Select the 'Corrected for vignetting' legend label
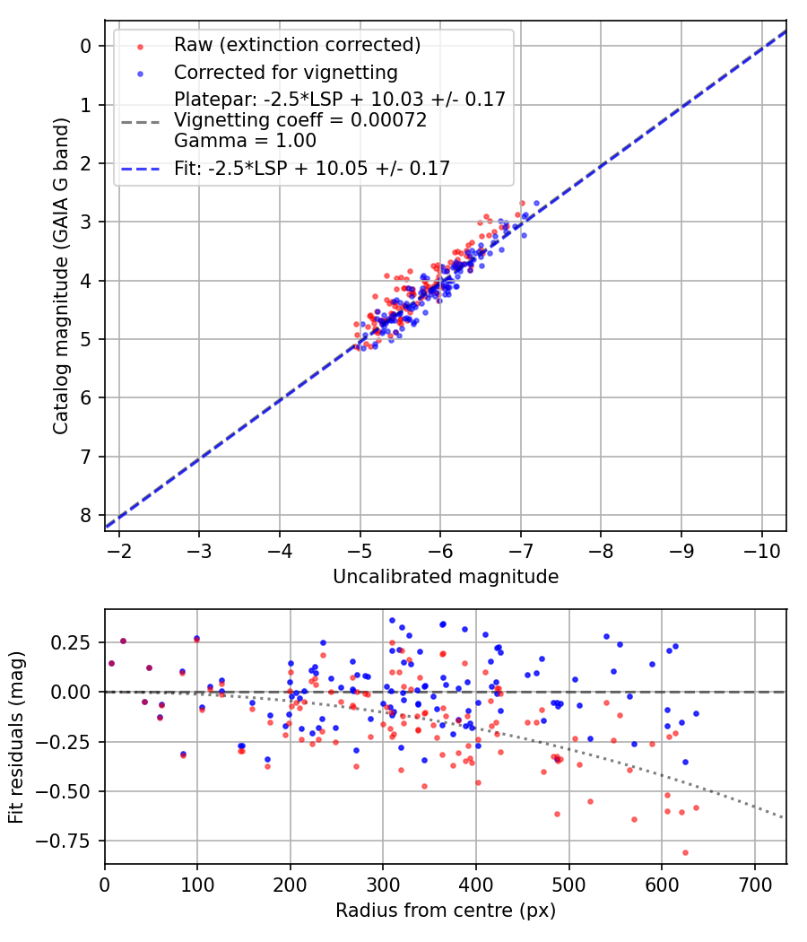(x=286, y=72)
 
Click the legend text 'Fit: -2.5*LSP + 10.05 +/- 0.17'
(x=312, y=167)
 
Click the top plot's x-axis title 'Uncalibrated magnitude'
(x=446, y=577)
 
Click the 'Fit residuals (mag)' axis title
(x=16, y=737)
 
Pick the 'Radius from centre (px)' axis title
(x=446, y=911)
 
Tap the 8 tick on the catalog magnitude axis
(x=87, y=515)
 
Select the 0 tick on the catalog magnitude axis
(x=87, y=46)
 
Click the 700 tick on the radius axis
(x=754, y=885)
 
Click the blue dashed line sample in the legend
(x=139, y=167)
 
